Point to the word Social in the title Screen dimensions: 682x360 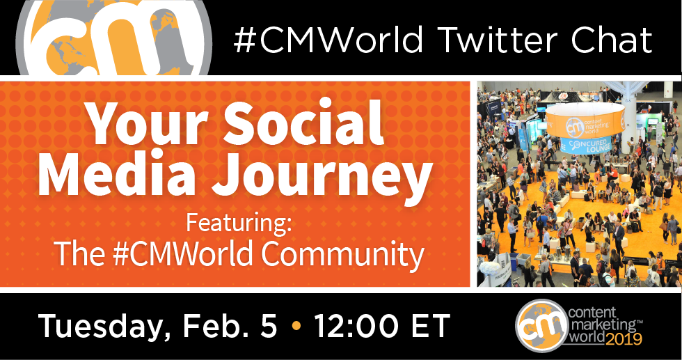[x=303, y=121]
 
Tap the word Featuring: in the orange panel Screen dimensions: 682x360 [x=238, y=223]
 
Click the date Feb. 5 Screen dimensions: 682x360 [x=230, y=326]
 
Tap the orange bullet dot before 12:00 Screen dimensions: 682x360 [x=296, y=327]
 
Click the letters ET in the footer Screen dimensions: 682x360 [x=431, y=326]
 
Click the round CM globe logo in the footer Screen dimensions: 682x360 [x=542, y=326]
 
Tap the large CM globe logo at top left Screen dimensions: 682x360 [x=114, y=38]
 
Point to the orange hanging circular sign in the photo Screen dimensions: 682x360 [x=585, y=120]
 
